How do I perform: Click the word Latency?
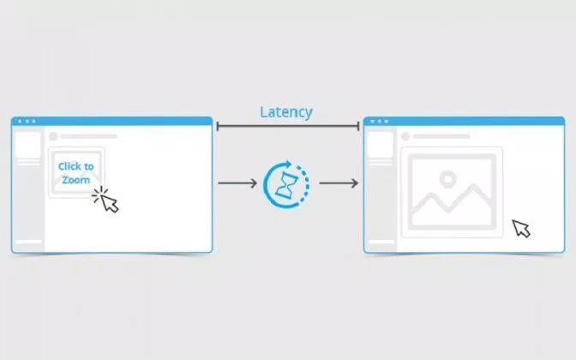pyautogui.click(x=286, y=112)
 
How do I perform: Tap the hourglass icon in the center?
pyautogui.click(x=286, y=184)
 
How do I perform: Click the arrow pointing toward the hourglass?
pyautogui.click(x=237, y=183)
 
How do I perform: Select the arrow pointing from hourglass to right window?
pyautogui.click(x=339, y=183)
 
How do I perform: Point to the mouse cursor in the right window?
pyautogui.click(x=521, y=229)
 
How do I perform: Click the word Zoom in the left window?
pyautogui.click(x=76, y=180)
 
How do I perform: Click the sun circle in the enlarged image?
pyautogui.click(x=447, y=179)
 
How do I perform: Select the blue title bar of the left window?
pyautogui.click(x=112, y=121)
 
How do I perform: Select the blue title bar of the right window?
pyautogui.click(x=464, y=121)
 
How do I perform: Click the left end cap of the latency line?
pyautogui.click(x=218, y=126)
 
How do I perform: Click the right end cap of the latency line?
pyautogui.click(x=358, y=126)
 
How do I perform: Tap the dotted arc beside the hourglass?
pyautogui.click(x=304, y=184)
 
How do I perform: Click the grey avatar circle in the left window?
pyautogui.click(x=53, y=136)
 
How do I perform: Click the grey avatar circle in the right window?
pyautogui.click(x=405, y=136)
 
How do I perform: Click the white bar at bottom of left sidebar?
pyautogui.click(x=28, y=242)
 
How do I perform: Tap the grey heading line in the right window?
pyautogui.click(x=441, y=136)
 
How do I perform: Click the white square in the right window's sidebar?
pyautogui.click(x=381, y=145)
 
